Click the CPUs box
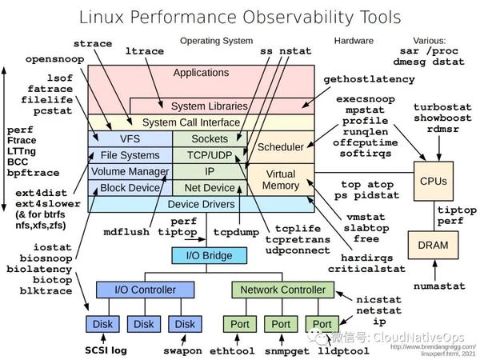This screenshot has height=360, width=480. [433, 181]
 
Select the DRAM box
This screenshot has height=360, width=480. [433, 245]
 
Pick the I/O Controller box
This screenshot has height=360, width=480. [140, 289]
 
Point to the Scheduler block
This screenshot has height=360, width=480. [280, 147]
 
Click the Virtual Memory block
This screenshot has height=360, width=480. [280, 180]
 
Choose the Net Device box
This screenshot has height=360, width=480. [210, 188]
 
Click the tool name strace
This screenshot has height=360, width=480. [92, 43]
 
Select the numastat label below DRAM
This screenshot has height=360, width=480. [439, 285]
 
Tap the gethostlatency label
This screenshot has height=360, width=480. [370, 79]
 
